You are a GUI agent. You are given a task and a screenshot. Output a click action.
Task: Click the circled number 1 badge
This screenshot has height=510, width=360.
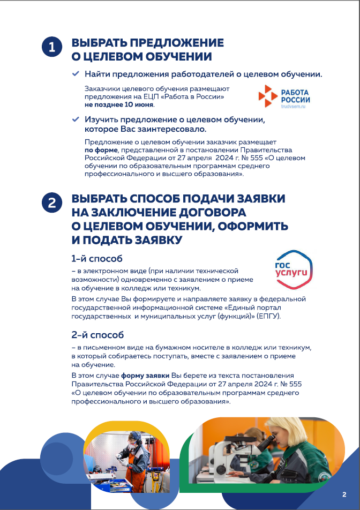point(51,47)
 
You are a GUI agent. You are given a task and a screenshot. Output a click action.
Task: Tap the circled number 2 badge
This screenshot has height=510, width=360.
point(51,202)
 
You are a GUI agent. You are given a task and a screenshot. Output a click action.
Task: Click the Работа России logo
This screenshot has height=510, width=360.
point(284,97)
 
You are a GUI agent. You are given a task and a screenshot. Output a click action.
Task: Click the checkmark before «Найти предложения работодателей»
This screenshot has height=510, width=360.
point(76,73)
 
